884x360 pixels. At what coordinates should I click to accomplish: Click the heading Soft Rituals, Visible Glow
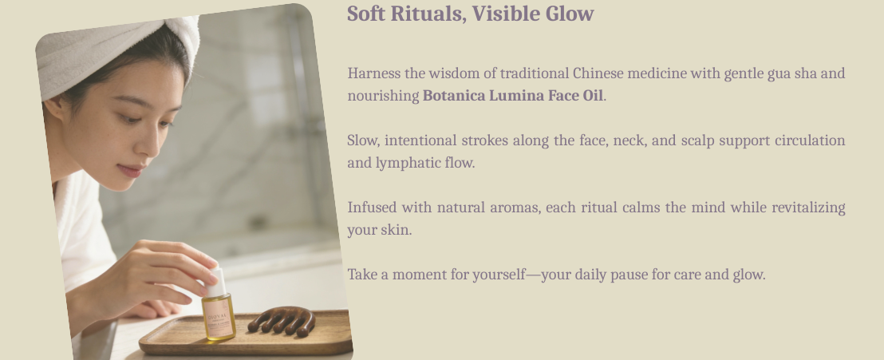coord(470,14)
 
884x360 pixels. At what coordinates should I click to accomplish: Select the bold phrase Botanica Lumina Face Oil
coord(512,96)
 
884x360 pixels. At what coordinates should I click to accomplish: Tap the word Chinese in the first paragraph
coord(598,73)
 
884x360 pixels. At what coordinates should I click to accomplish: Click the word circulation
coord(810,140)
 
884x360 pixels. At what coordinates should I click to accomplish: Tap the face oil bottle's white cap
coord(215,282)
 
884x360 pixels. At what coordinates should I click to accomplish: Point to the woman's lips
coord(132,170)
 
